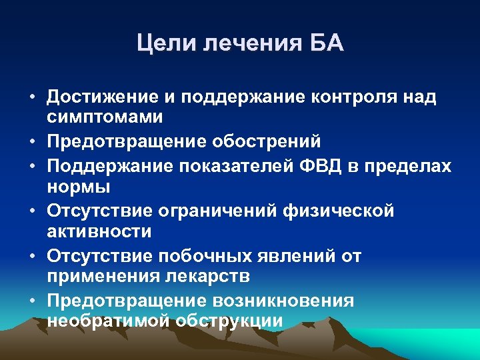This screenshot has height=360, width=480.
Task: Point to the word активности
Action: click(99, 231)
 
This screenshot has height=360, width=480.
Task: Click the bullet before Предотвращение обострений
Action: click(33, 142)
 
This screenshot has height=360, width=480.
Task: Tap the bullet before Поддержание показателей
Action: click(33, 165)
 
